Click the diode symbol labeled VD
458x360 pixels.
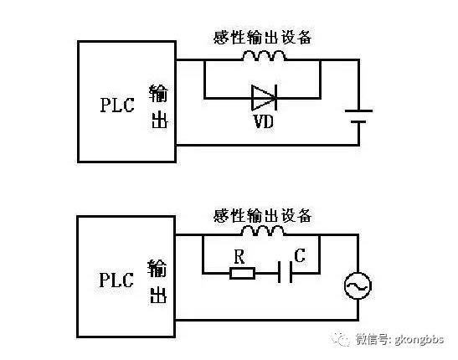coord(263,97)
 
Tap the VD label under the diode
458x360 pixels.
coord(263,121)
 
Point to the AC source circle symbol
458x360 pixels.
coord(358,287)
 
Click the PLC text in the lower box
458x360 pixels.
coord(117,278)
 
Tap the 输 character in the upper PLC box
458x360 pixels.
coord(158,92)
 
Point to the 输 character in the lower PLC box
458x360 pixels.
coord(158,266)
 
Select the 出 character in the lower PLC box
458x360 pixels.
coord(158,295)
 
